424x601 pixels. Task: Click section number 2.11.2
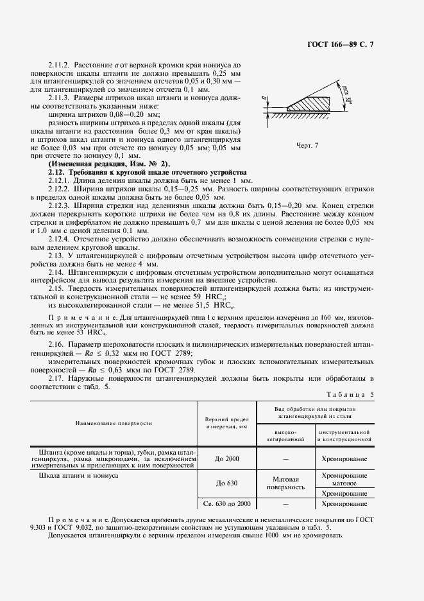click(x=60, y=65)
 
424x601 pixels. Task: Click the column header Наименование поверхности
click(x=113, y=424)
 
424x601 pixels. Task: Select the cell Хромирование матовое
click(x=344, y=479)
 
